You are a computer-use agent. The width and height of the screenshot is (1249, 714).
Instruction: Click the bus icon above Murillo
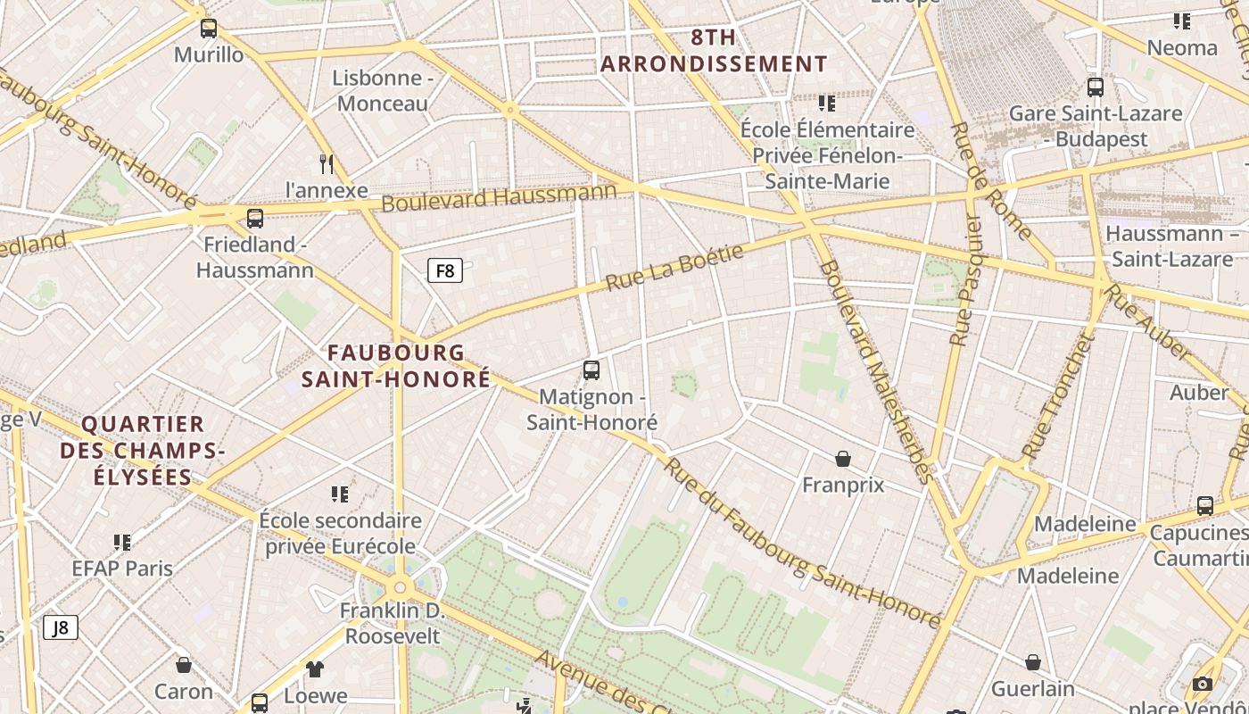(x=209, y=29)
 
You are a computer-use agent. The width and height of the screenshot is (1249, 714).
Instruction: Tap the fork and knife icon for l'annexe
(x=327, y=163)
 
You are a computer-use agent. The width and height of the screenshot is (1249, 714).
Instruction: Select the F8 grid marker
(x=445, y=270)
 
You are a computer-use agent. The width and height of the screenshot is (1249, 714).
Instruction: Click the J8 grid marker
(x=61, y=627)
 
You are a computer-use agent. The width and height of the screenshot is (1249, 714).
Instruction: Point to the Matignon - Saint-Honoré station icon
(x=591, y=369)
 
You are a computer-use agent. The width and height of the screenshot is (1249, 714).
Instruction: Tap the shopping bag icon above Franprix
(x=843, y=459)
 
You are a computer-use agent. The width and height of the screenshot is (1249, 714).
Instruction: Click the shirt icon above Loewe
(x=315, y=668)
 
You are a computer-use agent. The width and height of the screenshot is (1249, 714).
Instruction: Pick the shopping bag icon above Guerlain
(x=1032, y=662)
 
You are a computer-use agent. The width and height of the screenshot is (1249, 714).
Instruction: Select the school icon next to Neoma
(x=1182, y=21)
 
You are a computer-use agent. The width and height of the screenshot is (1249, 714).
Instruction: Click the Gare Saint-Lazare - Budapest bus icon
(x=1096, y=87)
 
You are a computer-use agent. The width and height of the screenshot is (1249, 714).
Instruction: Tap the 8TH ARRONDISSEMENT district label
(x=714, y=51)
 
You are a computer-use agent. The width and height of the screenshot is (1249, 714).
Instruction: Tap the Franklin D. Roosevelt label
(x=393, y=623)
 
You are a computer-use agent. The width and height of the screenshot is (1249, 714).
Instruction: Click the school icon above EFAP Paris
(x=122, y=542)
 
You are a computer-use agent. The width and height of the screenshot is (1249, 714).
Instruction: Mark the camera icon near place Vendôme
(x=1203, y=685)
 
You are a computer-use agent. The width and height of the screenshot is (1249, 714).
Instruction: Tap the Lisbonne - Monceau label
(x=383, y=90)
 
